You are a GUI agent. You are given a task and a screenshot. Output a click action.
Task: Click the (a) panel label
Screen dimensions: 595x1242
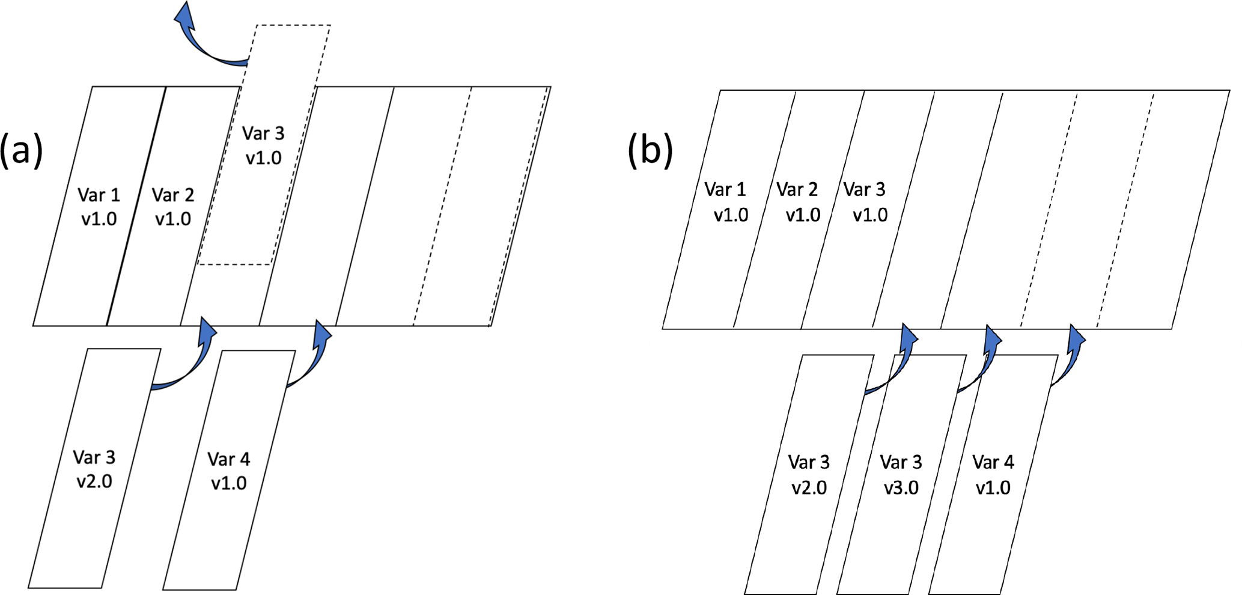click(x=22, y=150)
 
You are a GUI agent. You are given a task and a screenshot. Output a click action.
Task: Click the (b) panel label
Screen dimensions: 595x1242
click(x=650, y=150)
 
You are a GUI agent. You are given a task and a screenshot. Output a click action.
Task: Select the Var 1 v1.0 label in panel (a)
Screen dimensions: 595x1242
click(x=99, y=207)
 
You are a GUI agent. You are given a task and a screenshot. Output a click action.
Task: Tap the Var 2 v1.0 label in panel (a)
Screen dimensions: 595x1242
click(x=173, y=207)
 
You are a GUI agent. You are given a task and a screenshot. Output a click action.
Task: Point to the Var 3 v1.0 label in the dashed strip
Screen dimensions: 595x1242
click(x=263, y=145)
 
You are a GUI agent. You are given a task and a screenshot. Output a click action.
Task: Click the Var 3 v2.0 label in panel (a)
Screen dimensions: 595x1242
click(x=94, y=469)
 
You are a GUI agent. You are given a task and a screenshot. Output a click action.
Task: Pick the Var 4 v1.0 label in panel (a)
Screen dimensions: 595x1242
click(x=229, y=471)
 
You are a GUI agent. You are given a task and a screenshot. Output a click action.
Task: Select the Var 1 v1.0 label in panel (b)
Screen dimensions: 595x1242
click(x=726, y=202)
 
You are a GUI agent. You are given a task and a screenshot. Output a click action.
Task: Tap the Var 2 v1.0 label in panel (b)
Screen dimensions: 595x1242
click(x=799, y=202)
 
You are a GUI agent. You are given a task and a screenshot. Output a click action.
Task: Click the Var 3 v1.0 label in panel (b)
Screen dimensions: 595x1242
click(x=866, y=202)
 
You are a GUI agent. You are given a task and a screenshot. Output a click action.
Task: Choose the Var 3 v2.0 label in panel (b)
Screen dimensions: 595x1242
click(x=809, y=474)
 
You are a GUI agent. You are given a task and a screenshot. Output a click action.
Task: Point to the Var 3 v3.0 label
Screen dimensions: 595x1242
click(x=901, y=474)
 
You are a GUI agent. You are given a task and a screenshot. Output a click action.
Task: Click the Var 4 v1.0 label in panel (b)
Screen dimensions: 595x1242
click(x=993, y=474)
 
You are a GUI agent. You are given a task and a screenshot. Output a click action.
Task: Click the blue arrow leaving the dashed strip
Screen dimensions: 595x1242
click(x=204, y=42)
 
